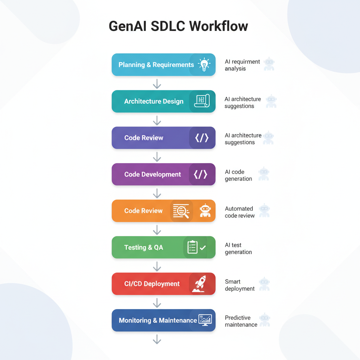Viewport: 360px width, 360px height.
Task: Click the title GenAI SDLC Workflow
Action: pos(178,26)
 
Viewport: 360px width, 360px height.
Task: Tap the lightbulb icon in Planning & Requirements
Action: pos(204,65)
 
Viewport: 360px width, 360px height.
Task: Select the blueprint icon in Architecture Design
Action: pos(202,101)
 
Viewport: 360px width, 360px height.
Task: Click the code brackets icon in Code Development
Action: pos(200,174)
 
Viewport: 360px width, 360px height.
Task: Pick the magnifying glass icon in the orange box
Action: pos(181,211)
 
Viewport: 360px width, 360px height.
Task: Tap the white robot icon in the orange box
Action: pos(205,210)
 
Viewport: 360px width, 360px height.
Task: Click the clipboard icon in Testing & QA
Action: pos(192,247)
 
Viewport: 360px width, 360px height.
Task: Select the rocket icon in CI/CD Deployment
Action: pos(199,284)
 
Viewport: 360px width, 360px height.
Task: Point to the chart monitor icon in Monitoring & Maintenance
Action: pos(205,320)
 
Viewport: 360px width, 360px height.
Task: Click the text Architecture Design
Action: pos(154,101)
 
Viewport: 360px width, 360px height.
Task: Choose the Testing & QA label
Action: pos(144,247)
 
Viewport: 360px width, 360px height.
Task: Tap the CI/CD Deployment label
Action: pos(152,284)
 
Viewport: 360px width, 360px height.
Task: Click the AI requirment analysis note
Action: pos(242,65)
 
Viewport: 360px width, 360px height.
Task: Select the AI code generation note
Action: pos(238,175)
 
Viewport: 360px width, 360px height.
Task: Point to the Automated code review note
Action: pos(240,212)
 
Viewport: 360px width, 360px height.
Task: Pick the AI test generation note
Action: pos(238,249)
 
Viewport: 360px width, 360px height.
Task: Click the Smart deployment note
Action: pos(240,285)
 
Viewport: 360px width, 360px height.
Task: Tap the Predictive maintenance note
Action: pos(241,321)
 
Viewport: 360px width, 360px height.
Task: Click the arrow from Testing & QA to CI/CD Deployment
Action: pos(157,266)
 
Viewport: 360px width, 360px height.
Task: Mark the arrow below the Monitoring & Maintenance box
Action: pos(157,339)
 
